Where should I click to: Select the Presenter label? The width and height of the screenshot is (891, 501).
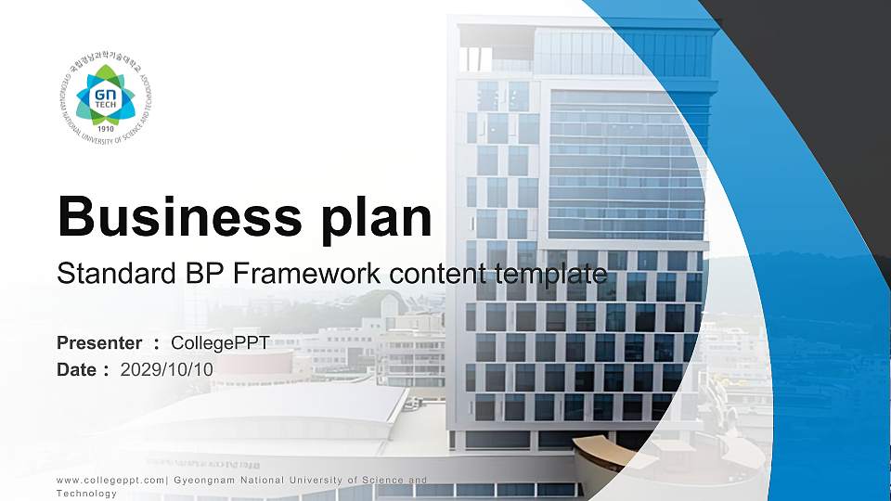pyautogui.click(x=99, y=343)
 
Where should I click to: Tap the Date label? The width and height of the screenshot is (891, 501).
pyautogui.click(x=77, y=369)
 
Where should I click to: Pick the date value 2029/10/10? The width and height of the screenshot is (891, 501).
pyautogui.click(x=167, y=369)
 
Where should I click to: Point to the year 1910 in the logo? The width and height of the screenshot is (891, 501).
pyautogui.click(x=105, y=129)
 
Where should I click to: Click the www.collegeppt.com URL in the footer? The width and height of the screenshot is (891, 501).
pyautogui.click(x=110, y=480)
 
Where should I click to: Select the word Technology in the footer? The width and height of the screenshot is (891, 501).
pyautogui.click(x=87, y=494)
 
